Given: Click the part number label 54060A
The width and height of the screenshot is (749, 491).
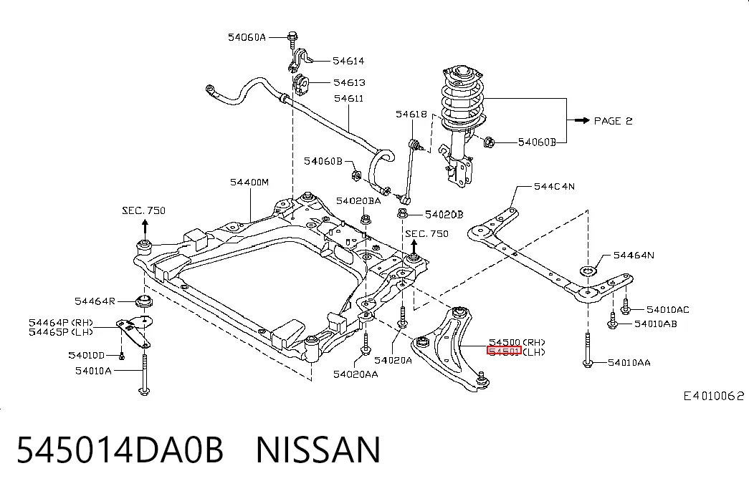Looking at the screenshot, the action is click(247, 37).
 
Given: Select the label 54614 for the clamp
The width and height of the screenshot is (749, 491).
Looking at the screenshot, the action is click(348, 61).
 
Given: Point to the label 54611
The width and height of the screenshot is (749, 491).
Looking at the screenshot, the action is click(348, 98).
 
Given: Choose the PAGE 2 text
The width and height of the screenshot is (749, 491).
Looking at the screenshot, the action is click(613, 121).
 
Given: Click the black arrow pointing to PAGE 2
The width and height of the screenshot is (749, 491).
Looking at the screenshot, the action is click(582, 120).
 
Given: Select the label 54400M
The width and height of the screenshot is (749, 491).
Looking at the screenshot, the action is click(249, 182).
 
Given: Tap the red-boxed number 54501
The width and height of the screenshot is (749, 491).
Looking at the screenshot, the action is click(504, 351).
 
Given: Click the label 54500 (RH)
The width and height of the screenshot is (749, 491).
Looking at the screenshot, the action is click(517, 342).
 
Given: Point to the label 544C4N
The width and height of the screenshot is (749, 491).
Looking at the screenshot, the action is click(554, 186).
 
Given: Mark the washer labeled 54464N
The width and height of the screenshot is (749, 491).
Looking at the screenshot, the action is click(588, 271).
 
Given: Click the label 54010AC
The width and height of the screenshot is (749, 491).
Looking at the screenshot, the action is click(668, 310).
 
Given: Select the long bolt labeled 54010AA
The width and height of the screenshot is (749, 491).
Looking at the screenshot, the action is click(588, 350).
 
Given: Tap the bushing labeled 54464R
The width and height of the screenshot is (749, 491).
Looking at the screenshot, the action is click(143, 302).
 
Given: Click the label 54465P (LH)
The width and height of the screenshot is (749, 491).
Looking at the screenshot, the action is click(61, 332).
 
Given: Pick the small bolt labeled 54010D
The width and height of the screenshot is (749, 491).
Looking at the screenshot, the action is click(121, 356).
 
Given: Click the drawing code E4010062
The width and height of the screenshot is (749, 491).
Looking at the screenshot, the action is click(714, 396).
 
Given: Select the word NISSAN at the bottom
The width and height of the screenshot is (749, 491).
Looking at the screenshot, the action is click(318, 449).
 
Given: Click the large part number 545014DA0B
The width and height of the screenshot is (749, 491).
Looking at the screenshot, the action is click(120, 449).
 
